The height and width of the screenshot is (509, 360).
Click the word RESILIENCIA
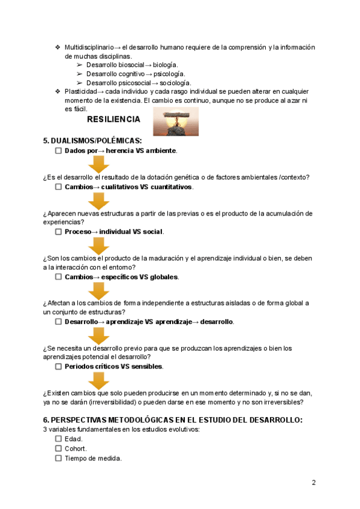coord(113,119)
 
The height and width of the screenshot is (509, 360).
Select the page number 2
coord(313,483)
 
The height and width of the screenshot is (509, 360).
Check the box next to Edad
coord(58,439)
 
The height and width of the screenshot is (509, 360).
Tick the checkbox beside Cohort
coord(58,448)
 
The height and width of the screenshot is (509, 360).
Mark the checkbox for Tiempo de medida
coord(58,458)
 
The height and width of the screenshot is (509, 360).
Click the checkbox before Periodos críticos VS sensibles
coord(58,366)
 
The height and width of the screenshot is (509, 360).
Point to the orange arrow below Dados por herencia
coord(99,164)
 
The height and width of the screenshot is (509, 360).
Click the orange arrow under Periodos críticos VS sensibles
coord(99,380)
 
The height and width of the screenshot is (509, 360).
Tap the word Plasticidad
coord(80,91)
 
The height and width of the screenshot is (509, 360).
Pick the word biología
coord(165,65)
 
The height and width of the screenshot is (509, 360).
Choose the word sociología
coord(175,82)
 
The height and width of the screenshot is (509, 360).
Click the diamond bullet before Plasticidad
coord(58,91)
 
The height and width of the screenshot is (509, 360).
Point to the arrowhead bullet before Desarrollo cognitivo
coord(80,74)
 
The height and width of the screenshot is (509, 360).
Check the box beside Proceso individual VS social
coord(58,232)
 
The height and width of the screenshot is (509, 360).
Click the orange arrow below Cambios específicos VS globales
coord(99,291)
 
